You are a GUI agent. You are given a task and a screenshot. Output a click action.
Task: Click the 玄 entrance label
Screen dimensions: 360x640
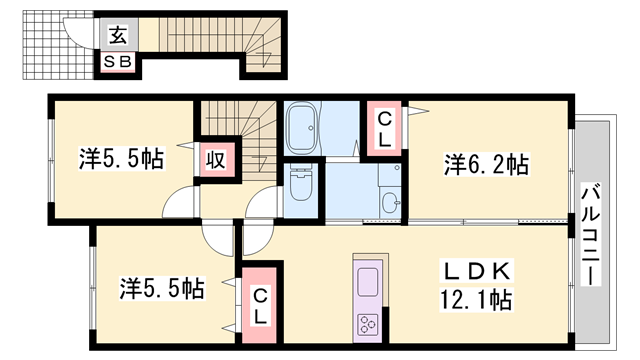(x=118, y=36)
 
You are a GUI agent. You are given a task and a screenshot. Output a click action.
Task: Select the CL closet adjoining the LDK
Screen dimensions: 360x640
(x=258, y=304)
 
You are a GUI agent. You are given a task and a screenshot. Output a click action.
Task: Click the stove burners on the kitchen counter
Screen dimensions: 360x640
(x=366, y=323)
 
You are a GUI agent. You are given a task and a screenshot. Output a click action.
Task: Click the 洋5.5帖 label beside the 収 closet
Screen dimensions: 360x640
(x=122, y=158)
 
